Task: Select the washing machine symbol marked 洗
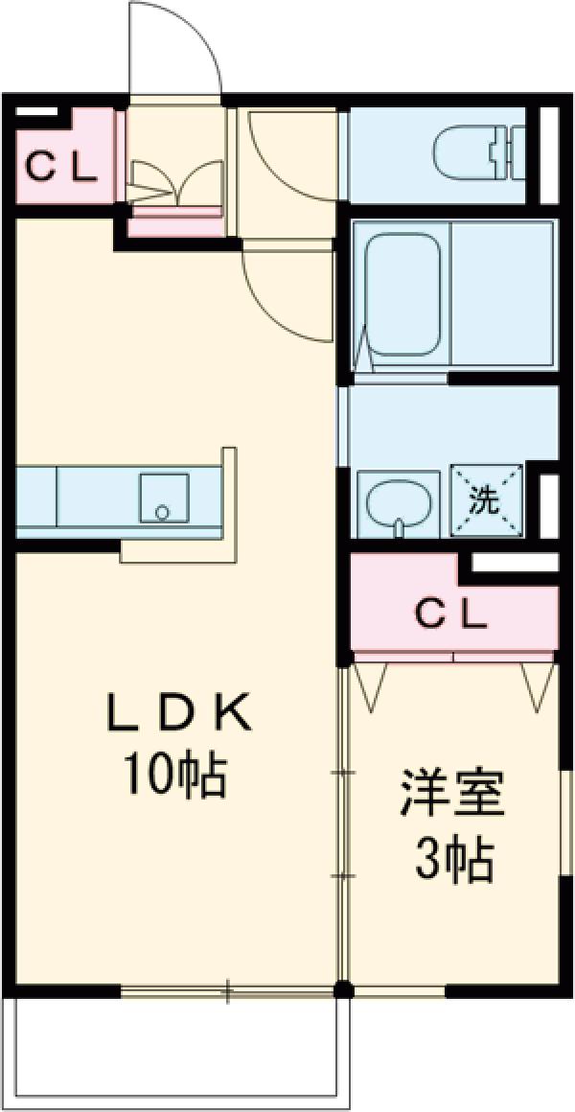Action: (487, 498)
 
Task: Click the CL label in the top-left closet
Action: (61, 169)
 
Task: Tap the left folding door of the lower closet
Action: (370, 683)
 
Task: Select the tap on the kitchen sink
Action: (162, 512)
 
